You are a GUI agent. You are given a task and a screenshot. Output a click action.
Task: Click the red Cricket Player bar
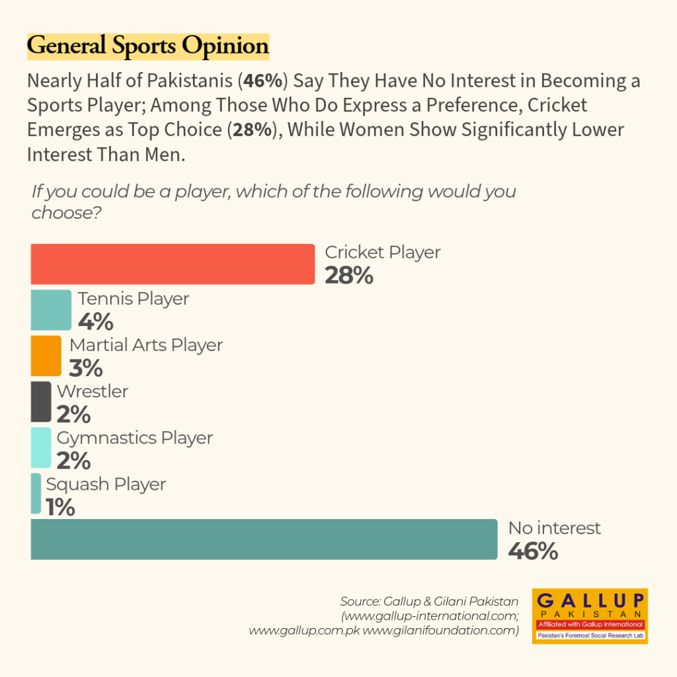173,264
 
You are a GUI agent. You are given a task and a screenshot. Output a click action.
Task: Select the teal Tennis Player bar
51,310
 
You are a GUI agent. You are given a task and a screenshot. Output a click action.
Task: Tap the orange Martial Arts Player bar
46,356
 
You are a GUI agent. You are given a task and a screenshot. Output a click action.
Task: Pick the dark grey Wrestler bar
41,402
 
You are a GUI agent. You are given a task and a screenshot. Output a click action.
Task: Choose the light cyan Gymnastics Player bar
41,448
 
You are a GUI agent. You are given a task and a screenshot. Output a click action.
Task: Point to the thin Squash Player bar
36,494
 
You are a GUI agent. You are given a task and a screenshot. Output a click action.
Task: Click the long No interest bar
264,539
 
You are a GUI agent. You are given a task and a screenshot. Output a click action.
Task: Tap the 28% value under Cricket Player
349,276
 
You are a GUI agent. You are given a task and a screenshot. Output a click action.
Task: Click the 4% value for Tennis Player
96,322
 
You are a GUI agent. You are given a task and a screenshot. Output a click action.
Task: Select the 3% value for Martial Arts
86,368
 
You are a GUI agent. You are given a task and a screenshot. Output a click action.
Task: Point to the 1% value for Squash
60,507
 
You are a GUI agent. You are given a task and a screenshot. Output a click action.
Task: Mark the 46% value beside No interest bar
534,551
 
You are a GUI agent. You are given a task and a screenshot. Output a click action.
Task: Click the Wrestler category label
93,391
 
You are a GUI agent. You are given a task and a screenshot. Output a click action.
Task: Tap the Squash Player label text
106,485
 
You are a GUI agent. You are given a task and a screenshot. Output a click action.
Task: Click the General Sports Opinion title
148,46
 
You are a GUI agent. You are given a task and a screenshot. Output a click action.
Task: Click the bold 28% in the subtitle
253,130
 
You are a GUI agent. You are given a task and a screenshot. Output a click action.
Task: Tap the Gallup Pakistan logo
590,616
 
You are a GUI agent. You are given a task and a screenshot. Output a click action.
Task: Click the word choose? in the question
67,213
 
